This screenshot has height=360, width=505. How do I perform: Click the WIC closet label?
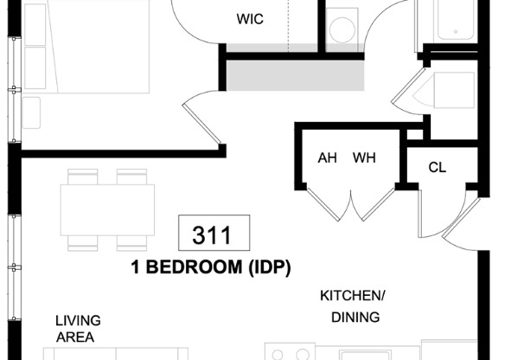coord(250,19)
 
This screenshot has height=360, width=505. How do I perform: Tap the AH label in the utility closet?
coord(328,158)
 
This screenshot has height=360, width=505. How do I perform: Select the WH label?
coord(363,158)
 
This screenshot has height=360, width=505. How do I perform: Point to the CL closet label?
coord(438,167)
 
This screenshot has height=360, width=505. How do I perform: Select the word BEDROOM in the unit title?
coord(191,267)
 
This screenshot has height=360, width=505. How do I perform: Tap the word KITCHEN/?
coord(353,295)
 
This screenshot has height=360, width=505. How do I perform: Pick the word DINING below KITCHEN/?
coord(355,317)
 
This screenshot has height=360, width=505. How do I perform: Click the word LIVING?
coord(78,319)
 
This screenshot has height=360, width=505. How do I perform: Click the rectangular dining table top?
coord(107,209)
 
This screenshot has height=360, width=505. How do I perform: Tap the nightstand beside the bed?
coord(31,112)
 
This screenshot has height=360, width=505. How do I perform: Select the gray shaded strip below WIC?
coord(294,75)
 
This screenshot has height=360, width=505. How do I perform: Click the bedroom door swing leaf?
coord(201,121)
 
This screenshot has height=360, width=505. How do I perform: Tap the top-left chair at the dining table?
coord(83,177)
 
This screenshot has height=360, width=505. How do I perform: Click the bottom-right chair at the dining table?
coord(132,241)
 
